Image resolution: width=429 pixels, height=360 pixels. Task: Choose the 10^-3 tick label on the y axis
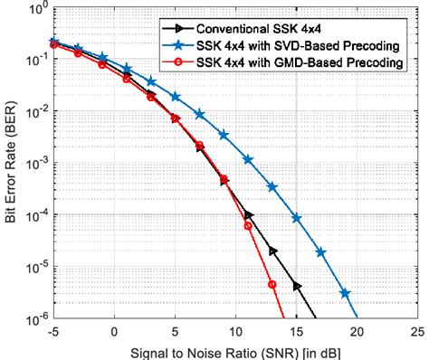(36, 165)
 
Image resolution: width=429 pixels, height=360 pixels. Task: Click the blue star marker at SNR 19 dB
(345, 293)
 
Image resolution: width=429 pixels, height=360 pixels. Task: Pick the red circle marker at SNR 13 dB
(272, 284)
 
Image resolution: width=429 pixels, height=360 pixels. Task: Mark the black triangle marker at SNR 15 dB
(297, 286)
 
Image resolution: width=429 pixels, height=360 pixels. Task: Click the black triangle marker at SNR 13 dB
(272, 251)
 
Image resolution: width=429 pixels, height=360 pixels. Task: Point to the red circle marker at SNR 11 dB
(248, 226)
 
